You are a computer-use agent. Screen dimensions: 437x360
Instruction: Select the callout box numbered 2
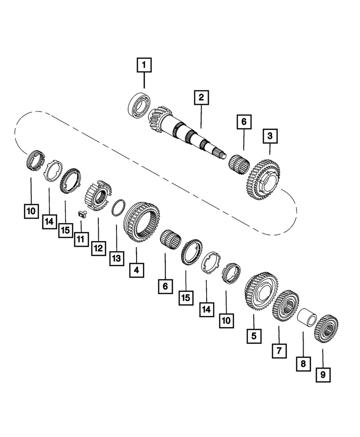[201, 97]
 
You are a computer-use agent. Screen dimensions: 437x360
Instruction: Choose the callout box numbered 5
[254, 336]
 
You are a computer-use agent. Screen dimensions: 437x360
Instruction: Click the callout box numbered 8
[304, 364]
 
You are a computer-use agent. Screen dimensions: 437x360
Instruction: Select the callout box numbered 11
[81, 239]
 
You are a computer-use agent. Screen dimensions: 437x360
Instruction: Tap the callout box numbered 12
[98, 249]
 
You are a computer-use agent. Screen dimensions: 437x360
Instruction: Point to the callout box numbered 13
[117, 259]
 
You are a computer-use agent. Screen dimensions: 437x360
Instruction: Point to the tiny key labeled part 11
[82, 213]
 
